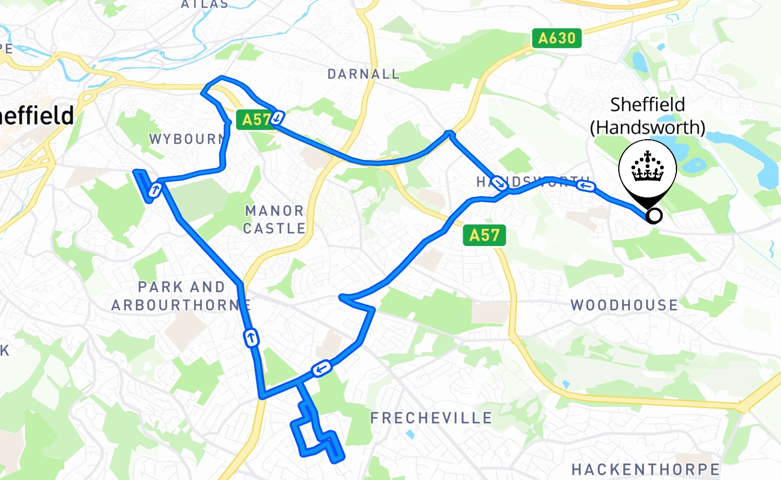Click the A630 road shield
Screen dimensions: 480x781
(557, 39)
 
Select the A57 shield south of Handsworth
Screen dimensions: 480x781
(484, 235)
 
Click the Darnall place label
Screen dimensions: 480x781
(363, 74)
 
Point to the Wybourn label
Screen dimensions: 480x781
(187, 139)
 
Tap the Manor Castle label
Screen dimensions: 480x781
(275, 220)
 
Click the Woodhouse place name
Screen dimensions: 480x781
(624, 305)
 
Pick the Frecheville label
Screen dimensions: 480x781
(431, 418)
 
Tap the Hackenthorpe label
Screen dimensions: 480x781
(645, 469)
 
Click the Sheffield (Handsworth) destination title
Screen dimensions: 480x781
(647, 115)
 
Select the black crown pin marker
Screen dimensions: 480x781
(648, 172)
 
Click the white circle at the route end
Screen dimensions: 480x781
(654, 215)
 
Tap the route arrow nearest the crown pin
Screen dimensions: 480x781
(586, 187)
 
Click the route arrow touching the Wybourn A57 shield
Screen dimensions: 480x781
(277, 118)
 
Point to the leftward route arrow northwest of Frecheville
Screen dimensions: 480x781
(322, 368)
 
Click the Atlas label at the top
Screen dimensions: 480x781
(205, 4)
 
